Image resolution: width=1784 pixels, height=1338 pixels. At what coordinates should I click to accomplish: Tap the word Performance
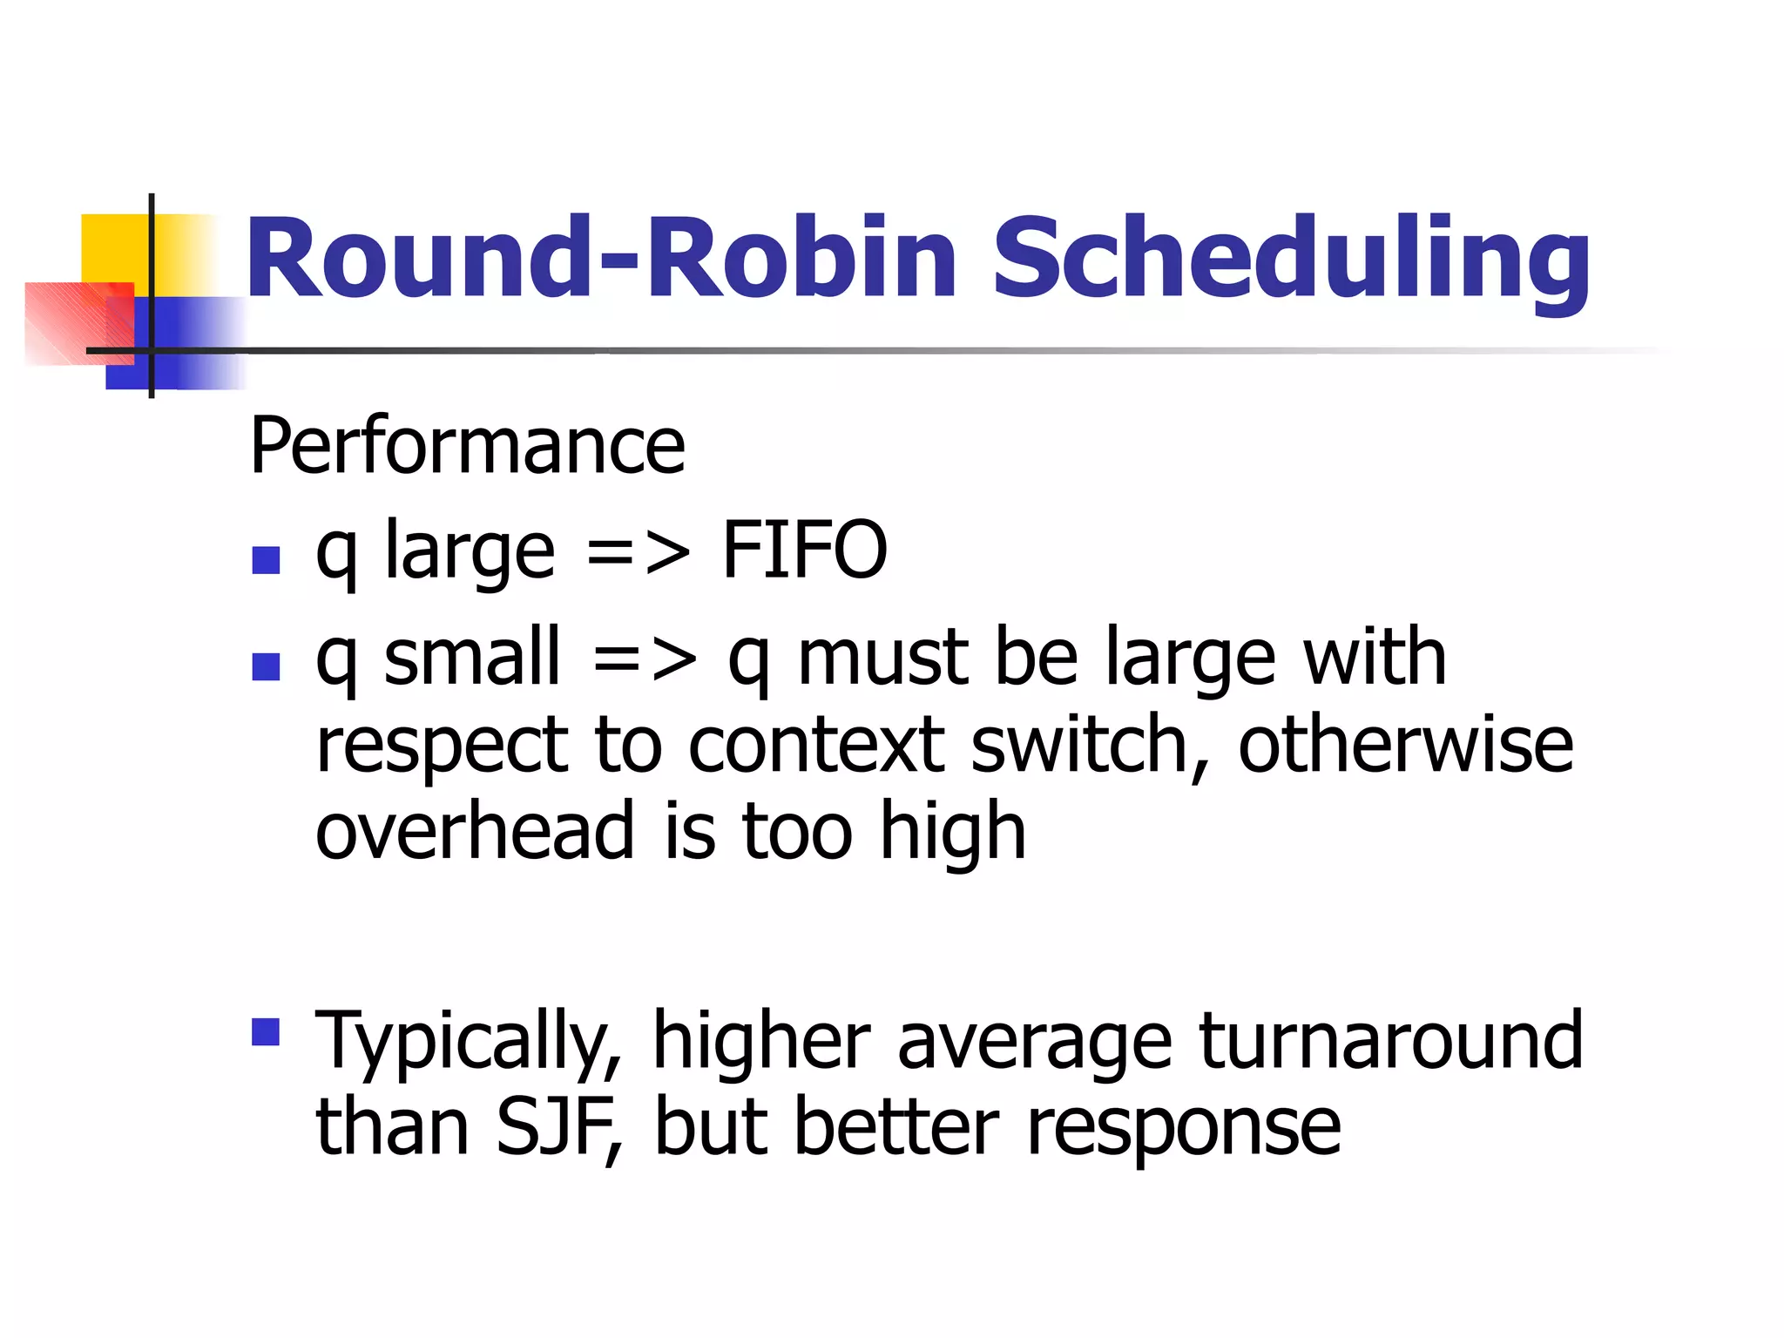[x=468, y=446]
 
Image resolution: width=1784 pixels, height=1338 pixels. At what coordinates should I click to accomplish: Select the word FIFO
[x=804, y=551]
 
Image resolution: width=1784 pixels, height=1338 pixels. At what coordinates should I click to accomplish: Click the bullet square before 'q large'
[x=266, y=560]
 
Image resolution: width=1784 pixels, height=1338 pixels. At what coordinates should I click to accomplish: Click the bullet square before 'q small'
[x=266, y=666]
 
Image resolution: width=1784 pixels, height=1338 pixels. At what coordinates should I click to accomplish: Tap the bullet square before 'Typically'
[x=266, y=1031]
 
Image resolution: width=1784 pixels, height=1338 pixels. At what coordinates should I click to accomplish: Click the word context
[x=816, y=746]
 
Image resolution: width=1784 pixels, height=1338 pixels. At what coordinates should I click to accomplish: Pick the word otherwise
[x=1405, y=746]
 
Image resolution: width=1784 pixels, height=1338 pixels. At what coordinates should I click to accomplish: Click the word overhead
[x=475, y=832]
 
